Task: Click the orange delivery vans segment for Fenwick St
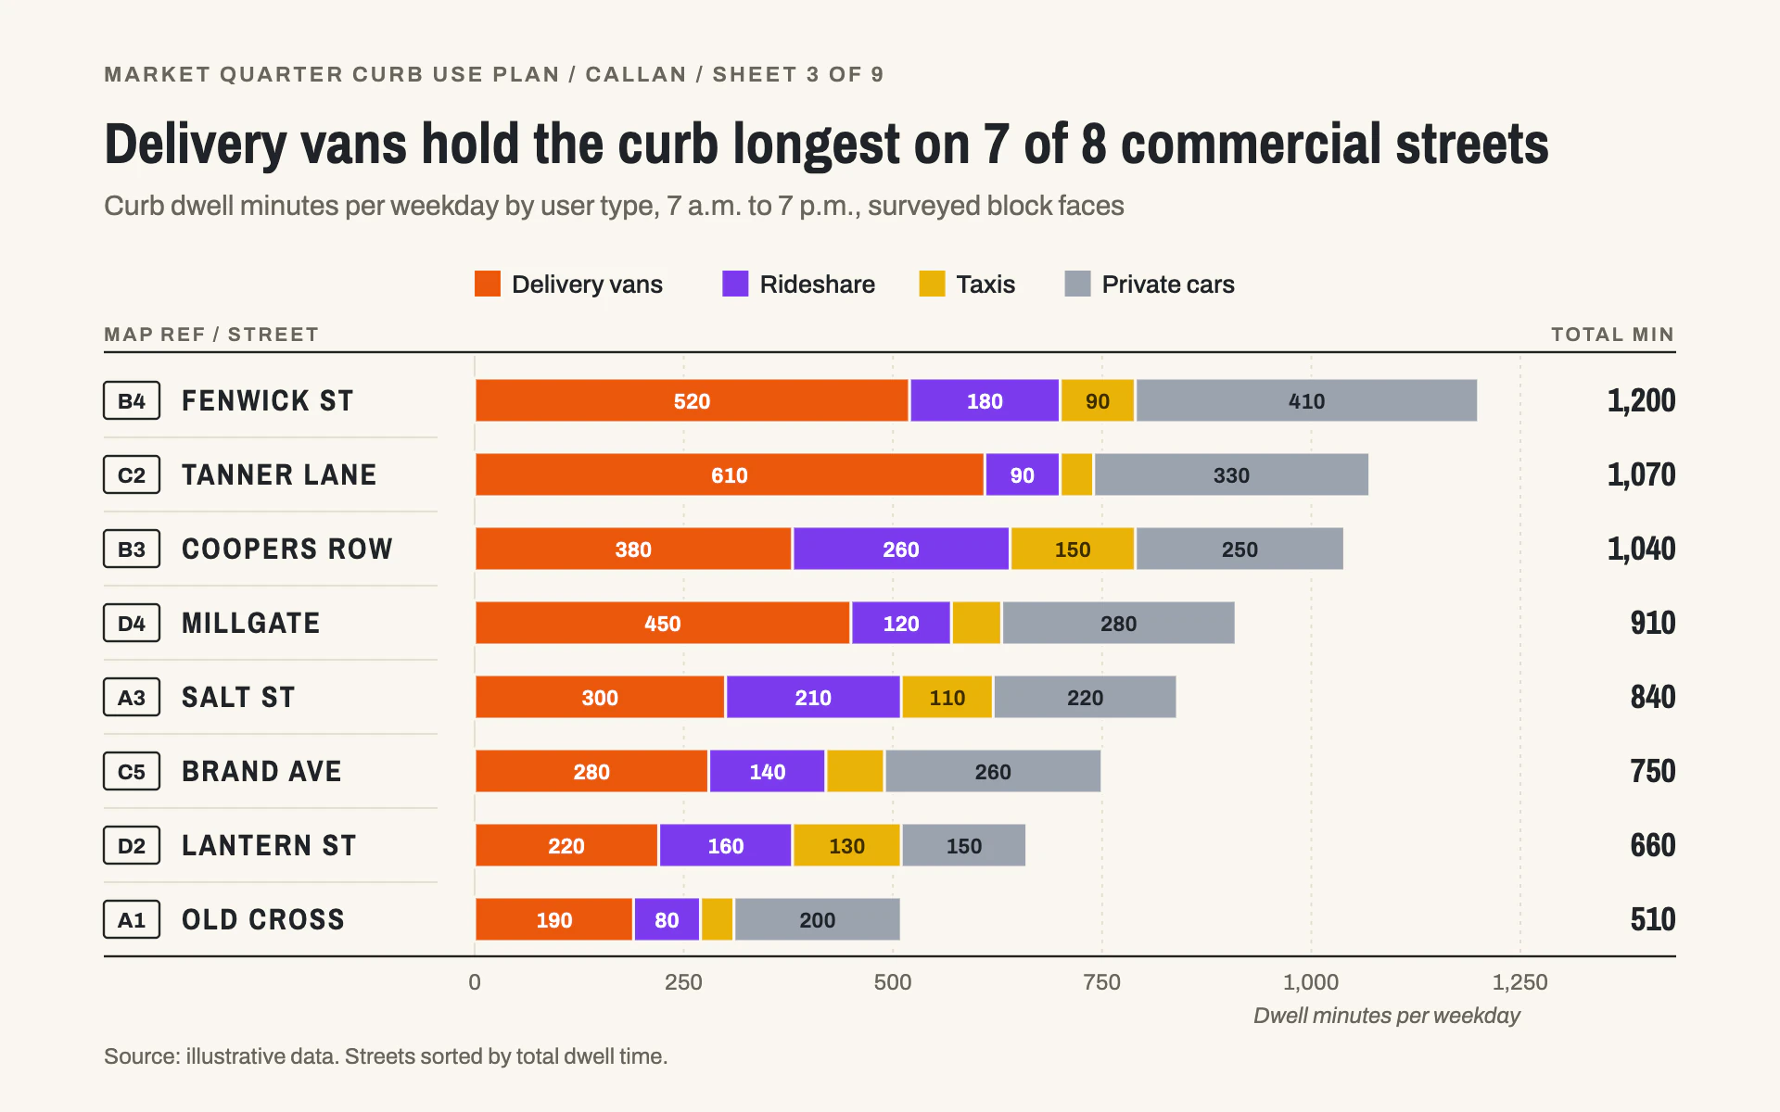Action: click(692, 400)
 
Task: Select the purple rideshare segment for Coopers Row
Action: click(901, 549)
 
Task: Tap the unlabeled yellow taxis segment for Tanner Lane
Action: click(1076, 474)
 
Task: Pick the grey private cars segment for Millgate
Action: click(1118, 623)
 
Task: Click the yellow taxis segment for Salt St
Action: click(947, 697)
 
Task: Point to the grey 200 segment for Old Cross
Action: click(817, 919)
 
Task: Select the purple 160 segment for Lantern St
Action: click(725, 845)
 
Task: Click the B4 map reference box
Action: click(132, 400)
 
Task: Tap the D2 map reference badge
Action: click(132, 845)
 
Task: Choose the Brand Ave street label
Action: click(261, 771)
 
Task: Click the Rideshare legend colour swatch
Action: click(735, 284)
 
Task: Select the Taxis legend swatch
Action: click(932, 284)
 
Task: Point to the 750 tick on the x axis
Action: click(1101, 982)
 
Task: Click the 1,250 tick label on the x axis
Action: click(1519, 982)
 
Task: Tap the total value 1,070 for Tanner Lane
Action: click(1641, 474)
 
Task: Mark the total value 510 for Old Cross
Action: click(1653, 919)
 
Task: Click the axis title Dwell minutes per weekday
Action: click(1387, 1016)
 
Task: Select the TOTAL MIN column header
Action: click(1612, 335)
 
